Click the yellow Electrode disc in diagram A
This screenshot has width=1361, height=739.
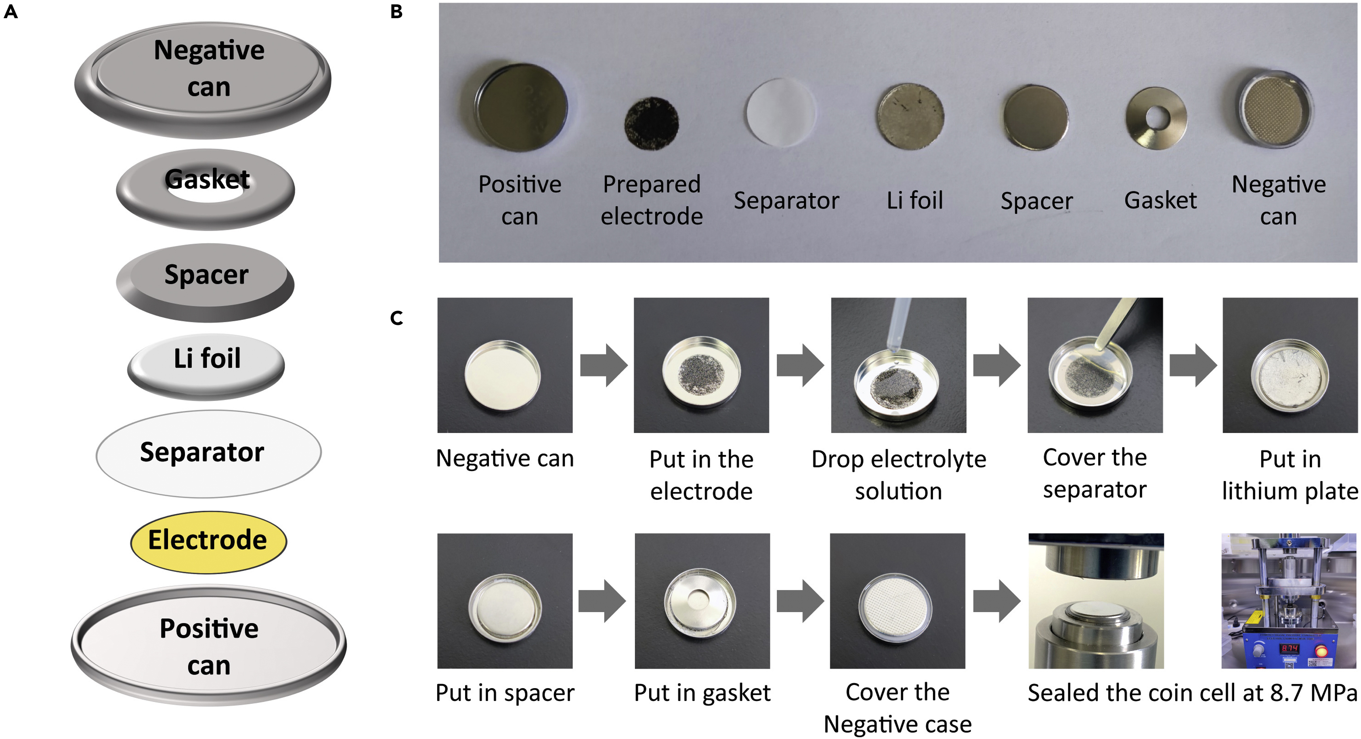tap(208, 542)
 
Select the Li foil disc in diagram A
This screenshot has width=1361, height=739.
tap(206, 365)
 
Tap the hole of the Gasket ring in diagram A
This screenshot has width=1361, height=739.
tap(206, 194)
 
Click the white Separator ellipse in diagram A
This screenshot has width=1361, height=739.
tap(208, 454)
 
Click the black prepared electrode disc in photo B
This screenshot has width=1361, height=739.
tap(652, 123)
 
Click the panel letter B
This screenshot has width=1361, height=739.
tap(396, 12)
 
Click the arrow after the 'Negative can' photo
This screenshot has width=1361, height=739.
tap(603, 365)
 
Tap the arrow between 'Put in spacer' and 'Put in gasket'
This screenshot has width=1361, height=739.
tap(602, 600)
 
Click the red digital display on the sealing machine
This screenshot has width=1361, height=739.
tap(1289, 648)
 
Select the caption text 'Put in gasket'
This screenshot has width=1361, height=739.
tap(702, 693)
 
